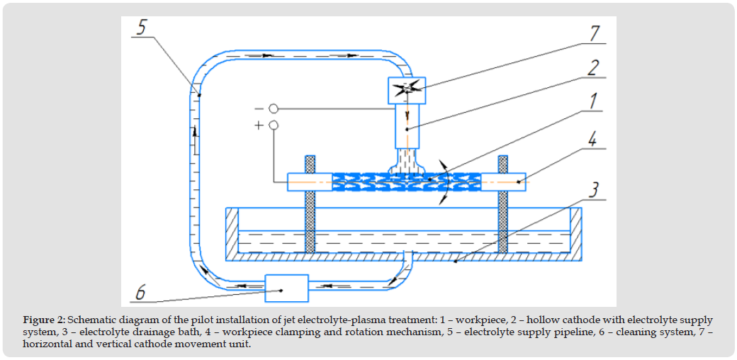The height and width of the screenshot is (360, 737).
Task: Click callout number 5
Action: pos(142,28)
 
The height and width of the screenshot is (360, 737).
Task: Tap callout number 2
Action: pos(592,67)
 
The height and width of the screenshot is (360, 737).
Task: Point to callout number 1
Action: pos(592,101)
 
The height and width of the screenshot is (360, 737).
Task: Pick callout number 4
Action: pos(592,137)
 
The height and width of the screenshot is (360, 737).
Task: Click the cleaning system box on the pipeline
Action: pos(286,288)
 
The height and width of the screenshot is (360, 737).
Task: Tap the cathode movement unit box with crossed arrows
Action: pos(406,89)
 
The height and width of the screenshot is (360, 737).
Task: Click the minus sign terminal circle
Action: pos(273,108)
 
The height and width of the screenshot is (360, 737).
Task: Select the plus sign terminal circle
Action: pos(273,125)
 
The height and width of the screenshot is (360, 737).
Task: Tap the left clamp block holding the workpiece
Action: pos(309,181)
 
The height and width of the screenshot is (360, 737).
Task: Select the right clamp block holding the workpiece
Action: pos(502,181)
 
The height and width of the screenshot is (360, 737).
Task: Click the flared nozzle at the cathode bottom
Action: pos(405,166)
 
